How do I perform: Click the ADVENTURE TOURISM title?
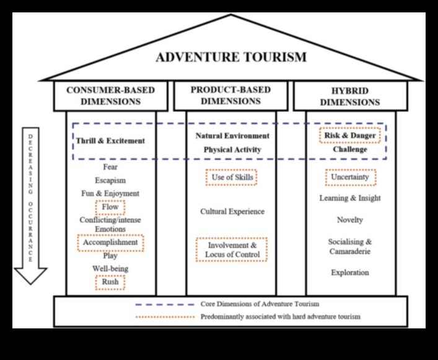231,58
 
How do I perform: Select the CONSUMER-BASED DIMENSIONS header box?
111,95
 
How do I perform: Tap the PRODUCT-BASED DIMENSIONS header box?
230,95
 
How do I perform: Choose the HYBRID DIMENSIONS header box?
350,95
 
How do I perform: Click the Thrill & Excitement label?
111,141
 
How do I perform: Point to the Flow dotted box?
110,207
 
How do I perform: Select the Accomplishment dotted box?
110,242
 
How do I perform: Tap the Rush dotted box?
110,282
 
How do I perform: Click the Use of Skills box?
230,178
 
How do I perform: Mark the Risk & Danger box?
349,135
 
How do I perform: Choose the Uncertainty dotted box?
350,177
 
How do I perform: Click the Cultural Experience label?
232,211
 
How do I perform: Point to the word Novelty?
350,219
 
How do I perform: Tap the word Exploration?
350,272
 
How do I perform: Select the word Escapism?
110,180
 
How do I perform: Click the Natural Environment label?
232,135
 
